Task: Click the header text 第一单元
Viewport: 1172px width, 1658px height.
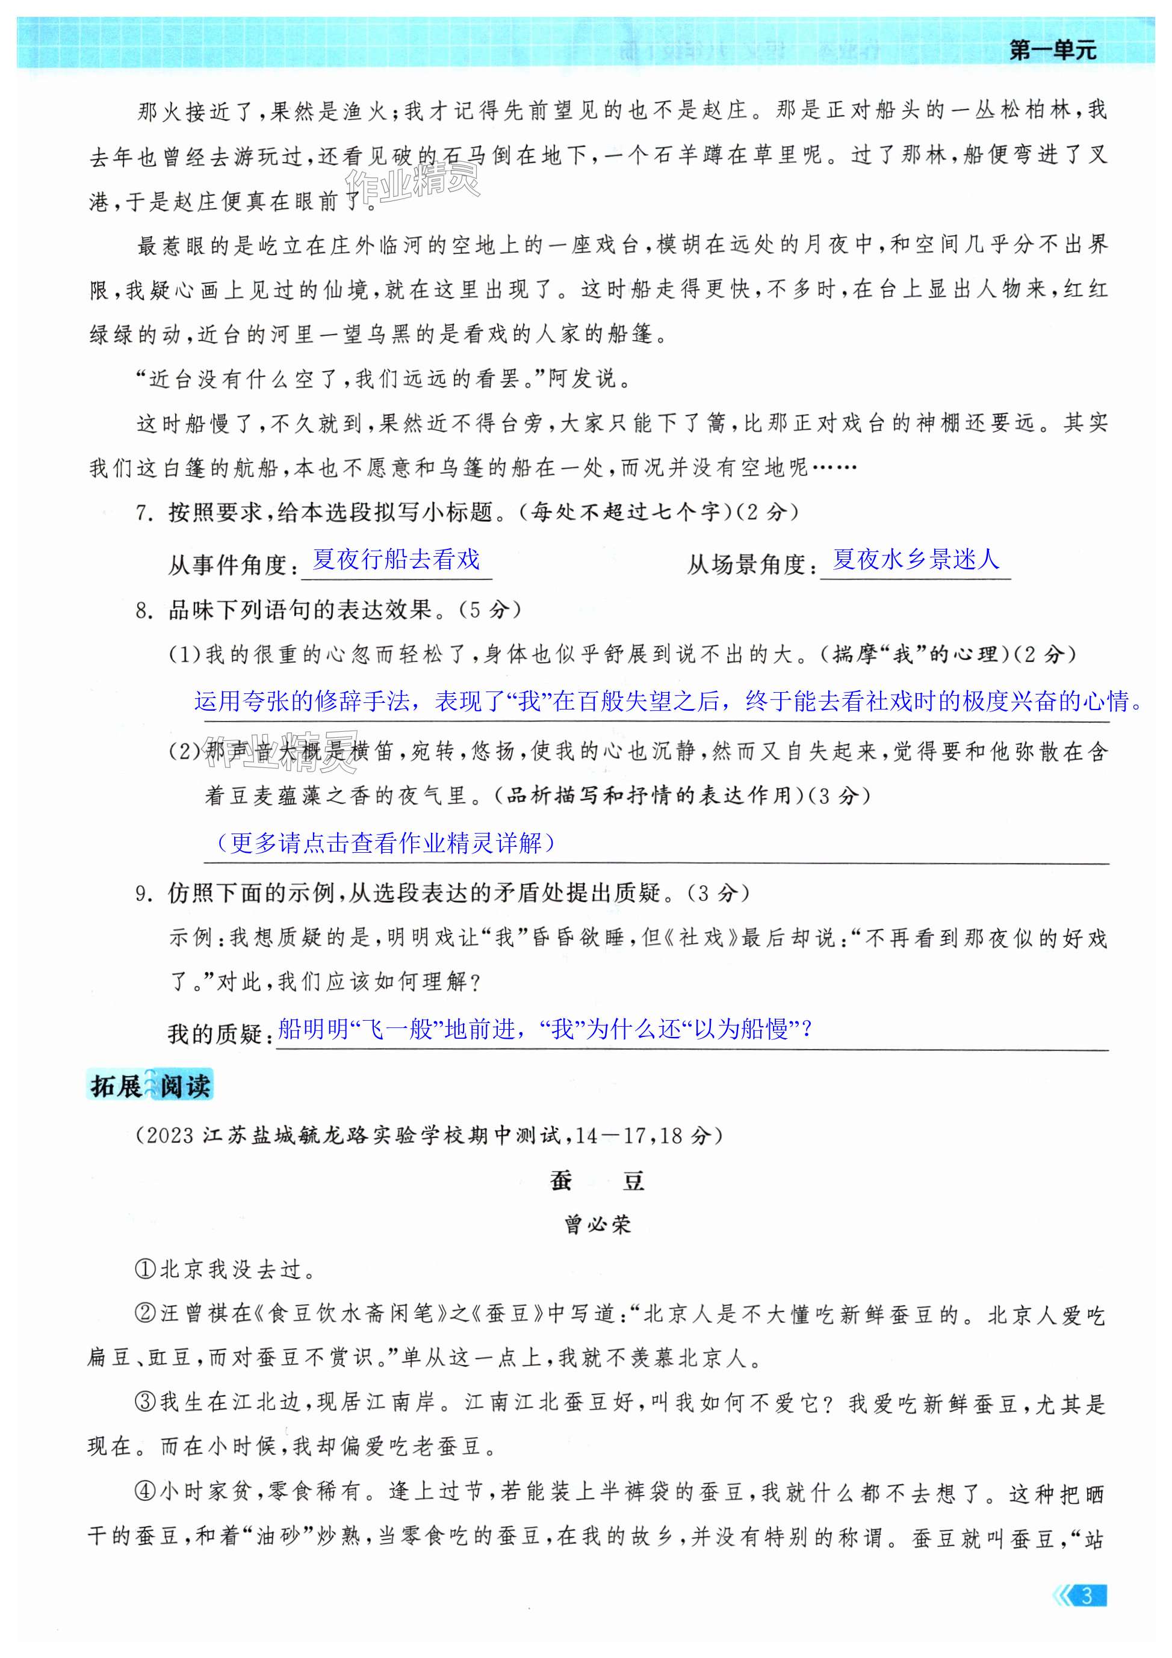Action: click(x=1052, y=51)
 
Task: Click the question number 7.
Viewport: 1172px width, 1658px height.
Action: click(x=143, y=513)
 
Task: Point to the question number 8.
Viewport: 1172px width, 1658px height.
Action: click(x=143, y=611)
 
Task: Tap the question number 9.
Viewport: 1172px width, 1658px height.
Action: click(x=143, y=894)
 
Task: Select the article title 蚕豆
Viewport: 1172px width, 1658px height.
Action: click(x=597, y=1181)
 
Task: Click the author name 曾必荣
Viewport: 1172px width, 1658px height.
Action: click(x=597, y=1225)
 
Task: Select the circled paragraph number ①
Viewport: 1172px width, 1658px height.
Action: click(x=145, y=1270)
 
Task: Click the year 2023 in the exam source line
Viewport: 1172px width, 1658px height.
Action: click(x=170, y=1136)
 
